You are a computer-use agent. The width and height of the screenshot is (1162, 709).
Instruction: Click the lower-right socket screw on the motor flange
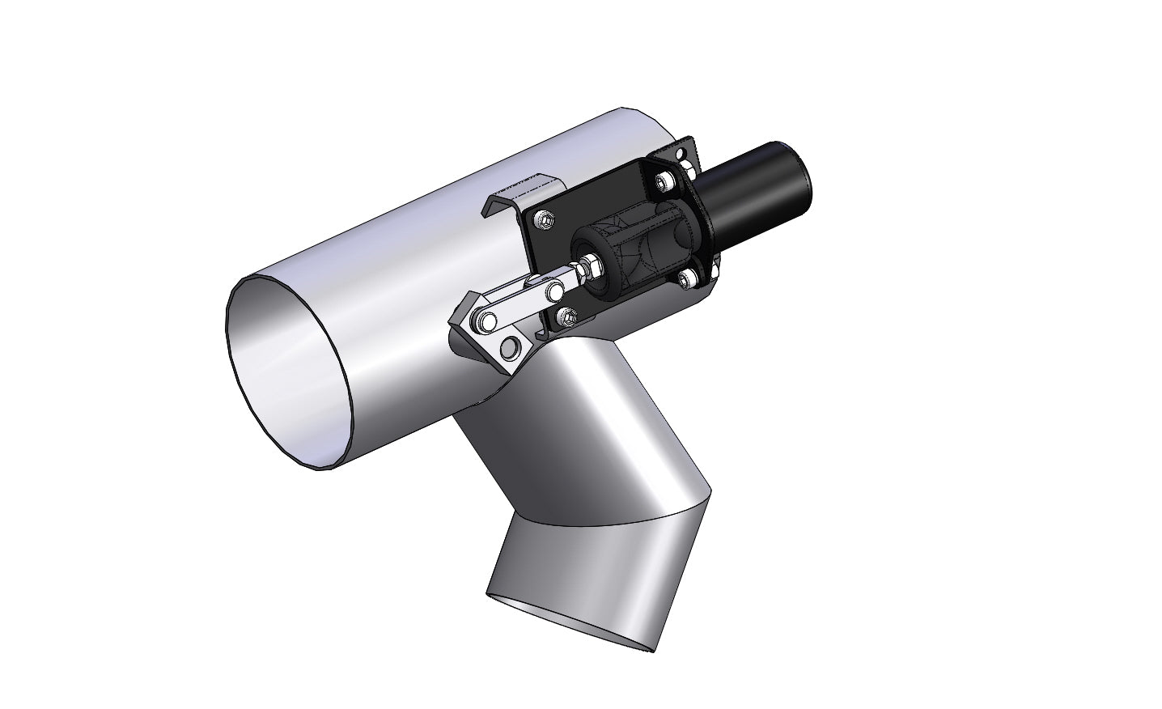(688, 279)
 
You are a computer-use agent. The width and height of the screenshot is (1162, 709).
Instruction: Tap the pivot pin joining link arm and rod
(554, 290)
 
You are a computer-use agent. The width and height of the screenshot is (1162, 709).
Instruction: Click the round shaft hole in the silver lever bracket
(511, 349)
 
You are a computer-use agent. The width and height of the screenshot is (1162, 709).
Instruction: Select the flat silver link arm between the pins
(519, 306)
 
